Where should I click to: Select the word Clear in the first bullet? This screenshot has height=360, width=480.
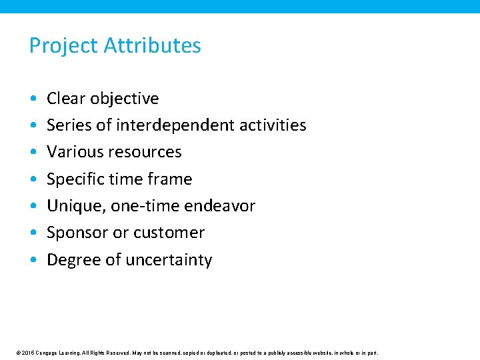click(66, 99)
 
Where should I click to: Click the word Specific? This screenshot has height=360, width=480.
click(73, 179)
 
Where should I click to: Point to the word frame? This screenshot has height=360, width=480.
click(171, 179)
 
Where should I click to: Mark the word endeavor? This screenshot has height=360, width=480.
click(221, 206)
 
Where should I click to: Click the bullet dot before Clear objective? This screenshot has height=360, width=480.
click(33, 99)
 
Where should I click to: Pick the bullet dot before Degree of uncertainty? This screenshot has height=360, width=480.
click(33, 260)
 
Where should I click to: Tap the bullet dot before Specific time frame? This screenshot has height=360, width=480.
click(33, 179)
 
